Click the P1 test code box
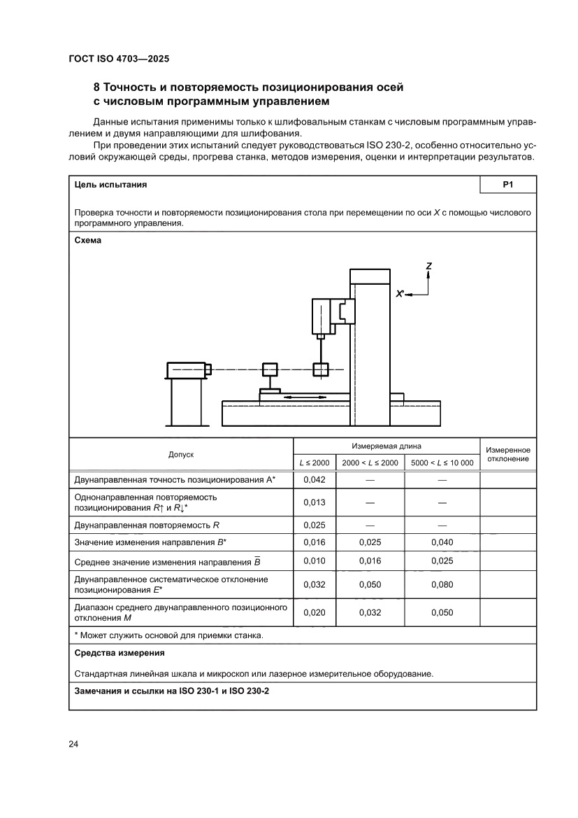pyautogui.click(x=508, y=185)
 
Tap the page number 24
pyautogui.click(x=73, y=744)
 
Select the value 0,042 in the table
pyautogui.click(x=314, y=480)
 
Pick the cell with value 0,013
pyautogui.click(x=314, y=502)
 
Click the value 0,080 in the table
pyautogui.click(x=442, y=585)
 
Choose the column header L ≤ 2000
pyautogui.click(x=314, y=463)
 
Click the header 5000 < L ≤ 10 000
pyautogui.click(x=442, y=463)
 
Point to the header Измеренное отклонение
pyautogui.click(x=507, y=454)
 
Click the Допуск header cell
pyautogui.click(x=181, y=454)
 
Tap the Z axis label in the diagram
pyautogui.click(x=428, y=266)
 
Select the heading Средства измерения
pyautogui.click(x=119, y=653)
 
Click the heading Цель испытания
pyautogui.click(x=110, y=185)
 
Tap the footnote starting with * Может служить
pyautogui.click(x=168, y=635)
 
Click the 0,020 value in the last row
pyautogui.click(x=314, y=612)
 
